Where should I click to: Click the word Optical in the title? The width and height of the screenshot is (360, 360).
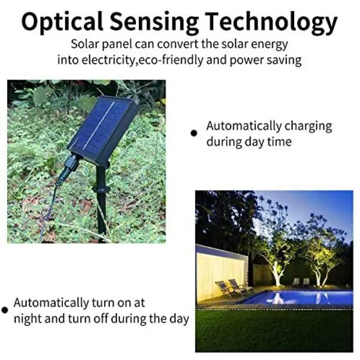tap(62, 22)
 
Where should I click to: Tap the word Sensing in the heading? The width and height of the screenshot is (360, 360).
tap(154, 23)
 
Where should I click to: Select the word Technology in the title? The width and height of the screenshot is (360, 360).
tap(271, 23)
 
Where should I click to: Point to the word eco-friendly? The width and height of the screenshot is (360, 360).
tap(170, 60)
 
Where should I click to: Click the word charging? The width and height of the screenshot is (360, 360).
tap(308, 127)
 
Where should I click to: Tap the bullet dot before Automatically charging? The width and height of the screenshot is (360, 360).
tap(194, 133)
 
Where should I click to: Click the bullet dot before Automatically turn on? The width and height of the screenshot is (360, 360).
tap(5, 310)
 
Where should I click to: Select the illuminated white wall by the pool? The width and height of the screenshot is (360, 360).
tap(222, 276)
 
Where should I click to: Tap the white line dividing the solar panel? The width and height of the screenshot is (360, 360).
tap(99, 125)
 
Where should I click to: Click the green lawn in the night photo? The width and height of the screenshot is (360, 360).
tap(274, 331)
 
